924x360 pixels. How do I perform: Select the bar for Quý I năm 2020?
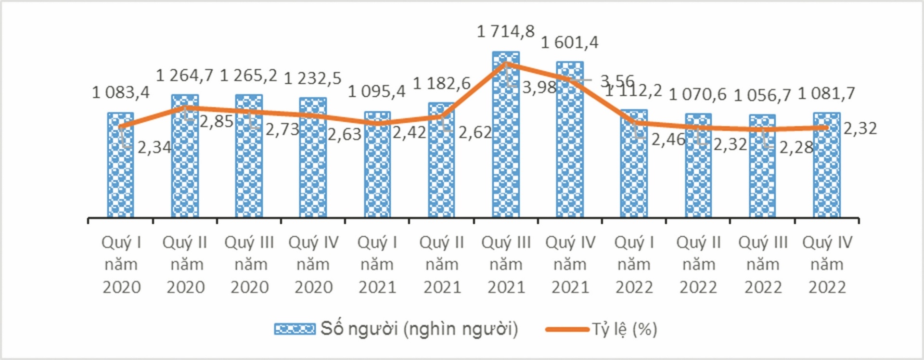(x=120, y=168)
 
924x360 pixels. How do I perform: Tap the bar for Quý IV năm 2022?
(x=827, y=168)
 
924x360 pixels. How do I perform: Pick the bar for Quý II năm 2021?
(x=441, y=164)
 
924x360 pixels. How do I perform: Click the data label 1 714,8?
(x=505, y=32)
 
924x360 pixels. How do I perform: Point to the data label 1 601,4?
(x=570, y=43)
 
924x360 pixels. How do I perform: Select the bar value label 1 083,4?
(x=121, y=92)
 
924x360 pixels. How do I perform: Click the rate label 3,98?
(x=539, y=88)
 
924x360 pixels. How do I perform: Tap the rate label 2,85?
(x=217, y=122)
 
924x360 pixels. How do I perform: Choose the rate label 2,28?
(x=796, y=148)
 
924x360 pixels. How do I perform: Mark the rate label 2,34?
(x=154, y=147)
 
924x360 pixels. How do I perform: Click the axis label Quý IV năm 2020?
(x=313, y=265)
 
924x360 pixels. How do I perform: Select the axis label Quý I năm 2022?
(x=634, y=265)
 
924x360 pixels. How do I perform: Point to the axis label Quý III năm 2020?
(x=249, y=265)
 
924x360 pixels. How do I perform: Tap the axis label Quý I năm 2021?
(x=377, y=265)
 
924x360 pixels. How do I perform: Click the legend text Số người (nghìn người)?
(x=419, y=329)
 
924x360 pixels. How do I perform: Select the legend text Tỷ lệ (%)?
(x=624, y=329)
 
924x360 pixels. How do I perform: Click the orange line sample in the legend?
(x=567, y=330)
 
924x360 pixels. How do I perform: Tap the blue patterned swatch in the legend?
(x=295, y=329)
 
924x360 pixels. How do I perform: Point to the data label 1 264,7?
(x=185, y=76)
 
